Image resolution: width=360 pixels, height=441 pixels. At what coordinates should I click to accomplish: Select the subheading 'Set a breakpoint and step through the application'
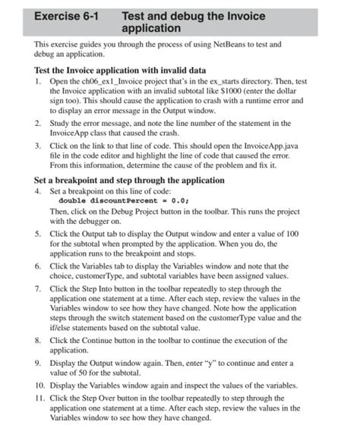[129, 180]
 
